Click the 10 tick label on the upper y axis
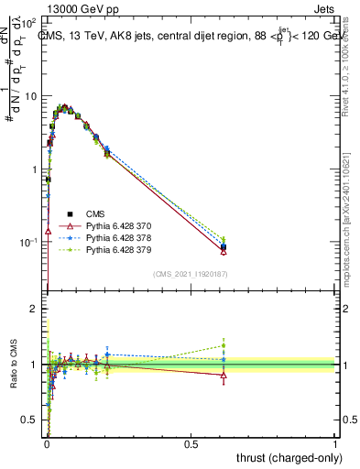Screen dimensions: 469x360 click(x=32, y=96)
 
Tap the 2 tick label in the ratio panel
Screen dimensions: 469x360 click(x=36, y=310)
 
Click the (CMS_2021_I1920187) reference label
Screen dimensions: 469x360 click(x=191, y=274)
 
